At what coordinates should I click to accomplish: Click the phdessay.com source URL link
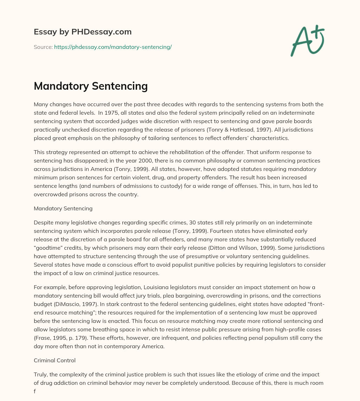[112, 47]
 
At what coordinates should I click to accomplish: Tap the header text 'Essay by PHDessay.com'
[83, 32]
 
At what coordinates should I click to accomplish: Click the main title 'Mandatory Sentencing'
[90, 86]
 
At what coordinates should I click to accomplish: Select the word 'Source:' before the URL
[43, 47]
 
